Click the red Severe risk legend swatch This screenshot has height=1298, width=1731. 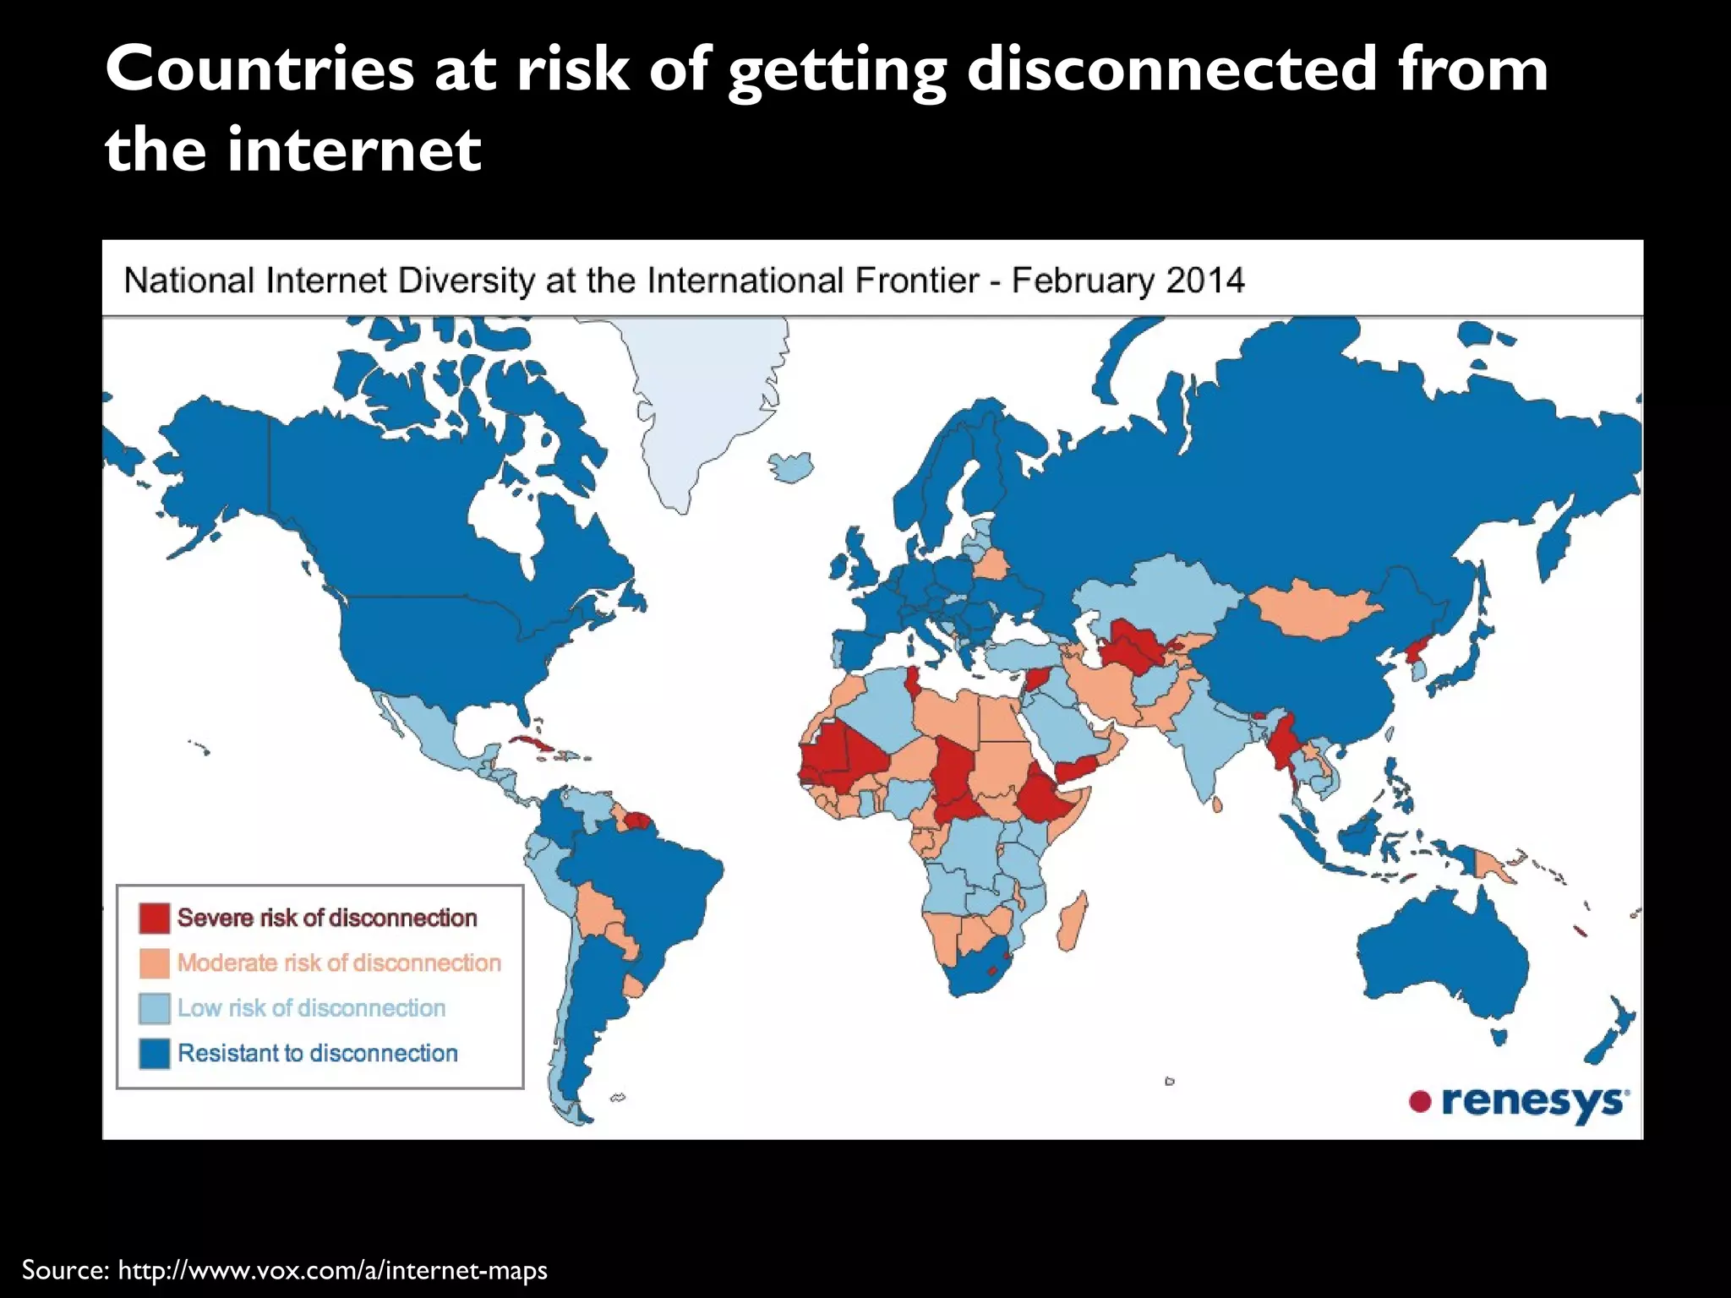pyautogui.click(x=155, y=918)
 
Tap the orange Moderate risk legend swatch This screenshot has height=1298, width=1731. pyautogui.click(x=155, y=963)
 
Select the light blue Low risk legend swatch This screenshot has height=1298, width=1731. pyautogui.click(x=155, y=1008)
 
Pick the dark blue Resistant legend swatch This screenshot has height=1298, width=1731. pyautogui.click(x=155, y=1054)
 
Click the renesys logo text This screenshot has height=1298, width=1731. pyautogui.click(x=1533, y=1102)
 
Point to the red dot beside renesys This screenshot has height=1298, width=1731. pyautogui.click(x=1420, y=1101)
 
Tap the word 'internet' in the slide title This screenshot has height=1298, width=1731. pyautogui.click(x=353, y=150)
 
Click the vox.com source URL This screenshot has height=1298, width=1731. pyautogui.click(x=332, y=1270)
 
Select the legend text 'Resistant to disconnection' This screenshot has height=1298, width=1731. pyautogui.click(x=318, y=1054)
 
